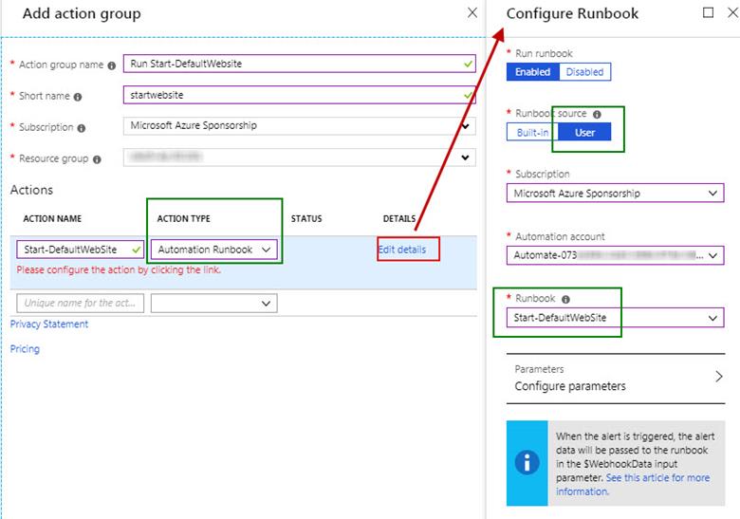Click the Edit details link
[x=409, y=250]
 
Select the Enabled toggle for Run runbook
[x=532, y=72]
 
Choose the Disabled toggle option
[x=584, y=72]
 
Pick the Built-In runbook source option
[x=532, y=132]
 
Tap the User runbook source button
[x=585, y=132]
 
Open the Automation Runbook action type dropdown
[x=215, y=250]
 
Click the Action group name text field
[x=299, y=65]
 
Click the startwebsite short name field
[x=299, y=95]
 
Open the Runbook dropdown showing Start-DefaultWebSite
[x=615, y=318]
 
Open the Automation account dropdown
[x=615, y=255]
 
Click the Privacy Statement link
[x=49, y=324]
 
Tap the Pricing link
[x=25, y=349]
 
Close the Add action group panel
[x=472, y=12]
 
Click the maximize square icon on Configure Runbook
[x=708, y=12]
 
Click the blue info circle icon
[x=527, y=463]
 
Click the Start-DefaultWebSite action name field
[x=81, y=250]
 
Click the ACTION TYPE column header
[x=183, y=219]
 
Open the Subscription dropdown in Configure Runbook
[x=615, y=194]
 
